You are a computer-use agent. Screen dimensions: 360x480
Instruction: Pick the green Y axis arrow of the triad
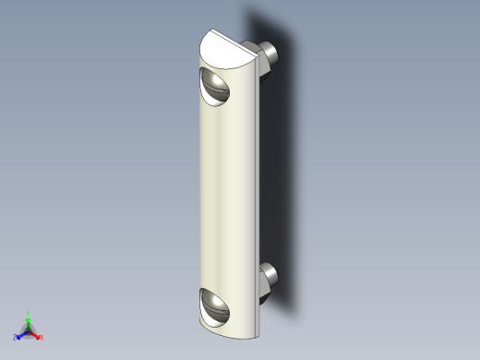[29, 321]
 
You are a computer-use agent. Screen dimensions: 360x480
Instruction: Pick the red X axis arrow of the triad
[35, 334]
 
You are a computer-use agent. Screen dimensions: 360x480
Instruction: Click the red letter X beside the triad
[42, 337]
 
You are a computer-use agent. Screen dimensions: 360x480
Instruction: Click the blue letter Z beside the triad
[16, 337]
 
